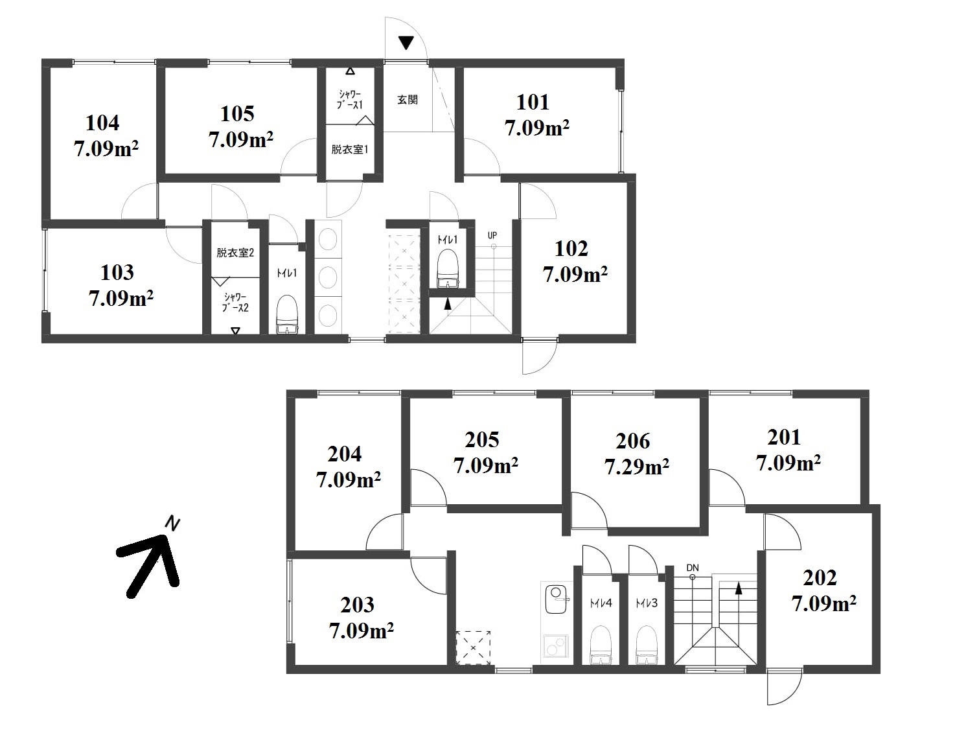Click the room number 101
coord(533,102)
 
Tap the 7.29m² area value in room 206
coord(636,467)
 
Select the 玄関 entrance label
coord(408,100)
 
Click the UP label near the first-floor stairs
coord(492,235)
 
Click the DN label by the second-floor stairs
coord(692,568)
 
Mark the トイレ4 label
coord(601,603)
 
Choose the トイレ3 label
coord(647,603)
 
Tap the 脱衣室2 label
coord(235,252)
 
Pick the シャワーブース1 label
coord(351,100)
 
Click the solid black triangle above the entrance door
coord(406,43)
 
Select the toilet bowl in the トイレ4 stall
coord(601,644)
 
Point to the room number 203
coord(357,605)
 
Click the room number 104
coord(102,122)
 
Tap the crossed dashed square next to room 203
coord(473,648)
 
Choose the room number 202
coord(820,578)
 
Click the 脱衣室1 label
coord(350,150)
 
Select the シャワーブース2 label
coord(235,303)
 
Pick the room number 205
coord(481,440)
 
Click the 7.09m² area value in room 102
coord(575,275)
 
